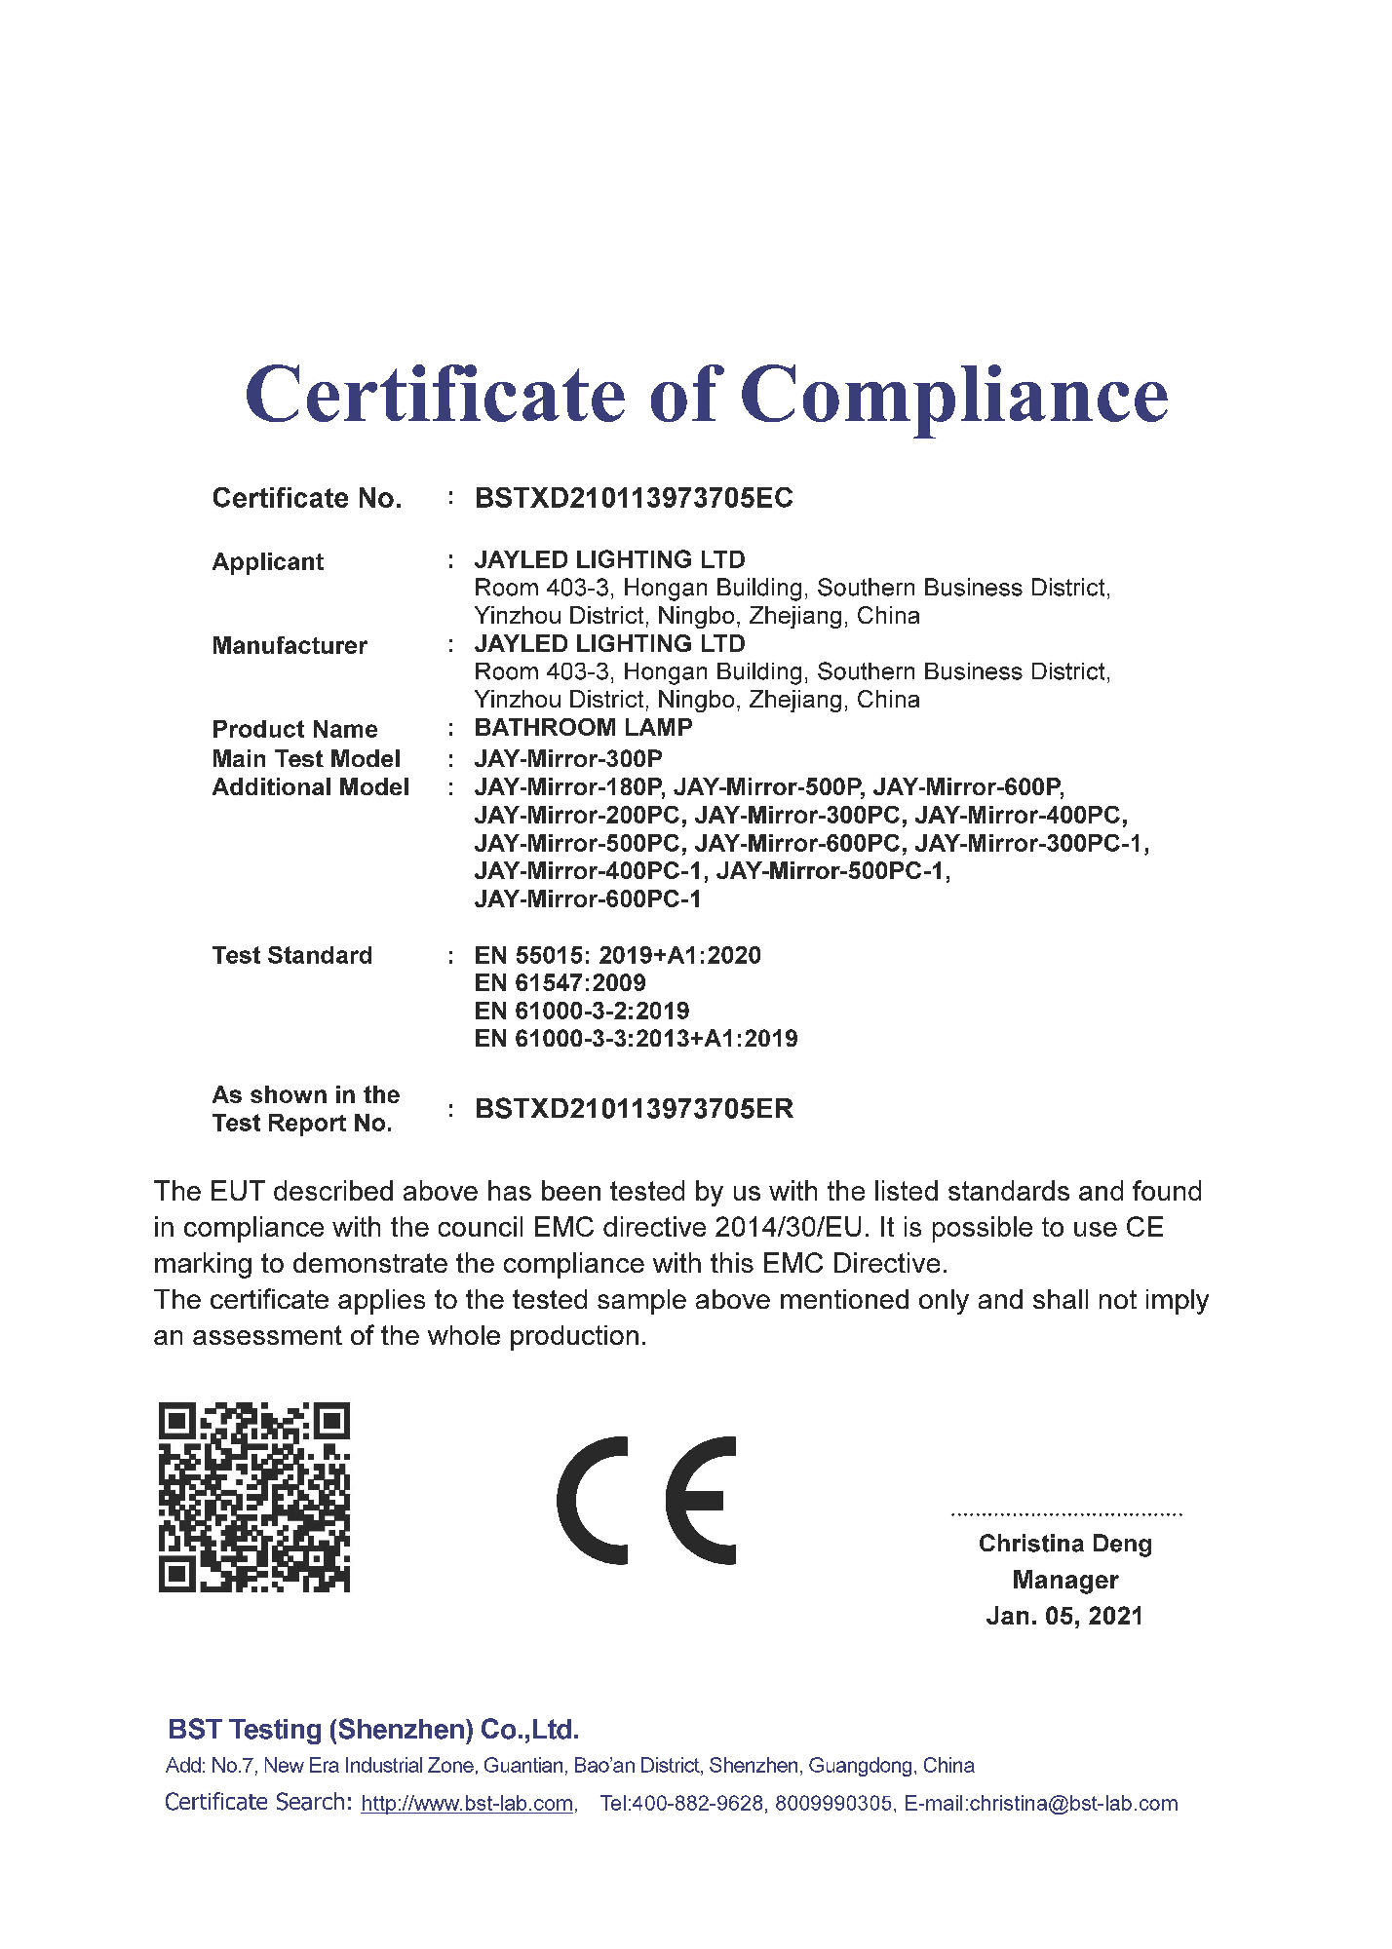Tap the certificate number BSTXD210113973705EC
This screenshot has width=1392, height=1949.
(634, 498)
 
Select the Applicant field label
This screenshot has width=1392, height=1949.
(268, 561)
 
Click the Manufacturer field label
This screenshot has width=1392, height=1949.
(290, 645)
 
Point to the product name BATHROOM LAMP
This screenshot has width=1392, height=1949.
(583, 727)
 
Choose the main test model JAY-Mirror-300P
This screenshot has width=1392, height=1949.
(568, 758)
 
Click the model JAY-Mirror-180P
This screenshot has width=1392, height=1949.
(568, 786)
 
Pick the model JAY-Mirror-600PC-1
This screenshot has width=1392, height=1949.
(588, 898)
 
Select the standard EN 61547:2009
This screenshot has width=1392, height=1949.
(560, 982)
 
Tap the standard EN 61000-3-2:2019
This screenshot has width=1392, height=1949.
(582, 1011)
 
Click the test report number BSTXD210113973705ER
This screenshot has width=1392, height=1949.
(634, 1108)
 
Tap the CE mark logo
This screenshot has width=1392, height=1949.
(646, 1501)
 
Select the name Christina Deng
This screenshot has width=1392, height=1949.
(1064, 1544)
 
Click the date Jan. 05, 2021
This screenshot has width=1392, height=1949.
(1064, 1616)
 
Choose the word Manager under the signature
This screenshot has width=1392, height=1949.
(1064, 1580)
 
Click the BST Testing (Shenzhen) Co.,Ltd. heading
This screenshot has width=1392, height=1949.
(373, 1730)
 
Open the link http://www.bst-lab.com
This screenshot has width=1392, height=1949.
(467, 1804)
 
